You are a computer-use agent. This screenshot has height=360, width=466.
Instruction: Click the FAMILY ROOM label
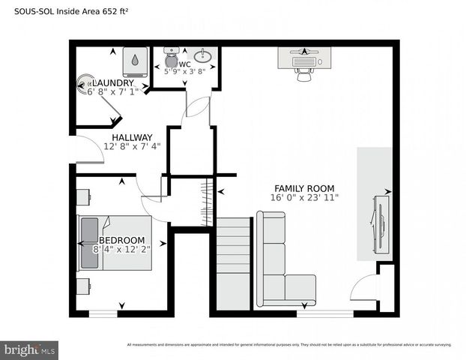coord(304,188)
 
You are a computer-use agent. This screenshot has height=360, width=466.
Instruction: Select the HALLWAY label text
coord(132,137)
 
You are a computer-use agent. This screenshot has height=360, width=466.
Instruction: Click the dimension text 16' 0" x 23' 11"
coord(304,198)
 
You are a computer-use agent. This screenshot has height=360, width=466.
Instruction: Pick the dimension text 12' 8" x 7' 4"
coord(132,147)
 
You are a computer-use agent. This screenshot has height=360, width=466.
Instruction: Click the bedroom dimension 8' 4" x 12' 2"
coord(121,250)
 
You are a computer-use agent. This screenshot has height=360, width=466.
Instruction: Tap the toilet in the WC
coord(170,58)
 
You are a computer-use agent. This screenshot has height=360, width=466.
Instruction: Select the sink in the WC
coord(202,55)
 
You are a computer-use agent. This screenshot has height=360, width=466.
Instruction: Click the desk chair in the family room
coord(303,74)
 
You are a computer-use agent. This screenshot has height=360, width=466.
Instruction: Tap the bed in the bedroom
coord(115,243)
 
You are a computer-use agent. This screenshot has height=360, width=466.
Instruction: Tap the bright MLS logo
coord(30,349)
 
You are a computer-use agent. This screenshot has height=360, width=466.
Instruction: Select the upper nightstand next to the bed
coord(83,196)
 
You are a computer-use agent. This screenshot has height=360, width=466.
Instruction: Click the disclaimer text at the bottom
coord(288,345)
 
